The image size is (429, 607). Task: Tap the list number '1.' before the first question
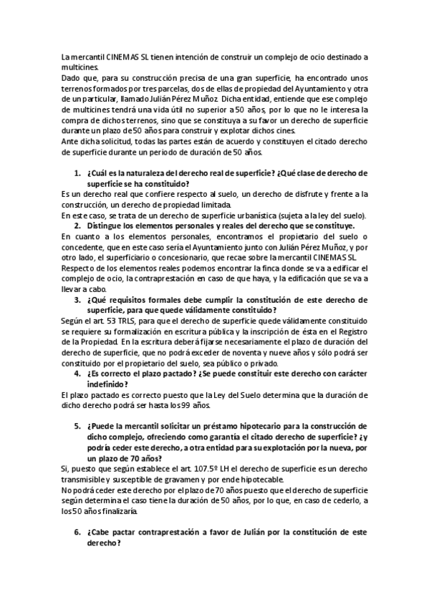(77, 174)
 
